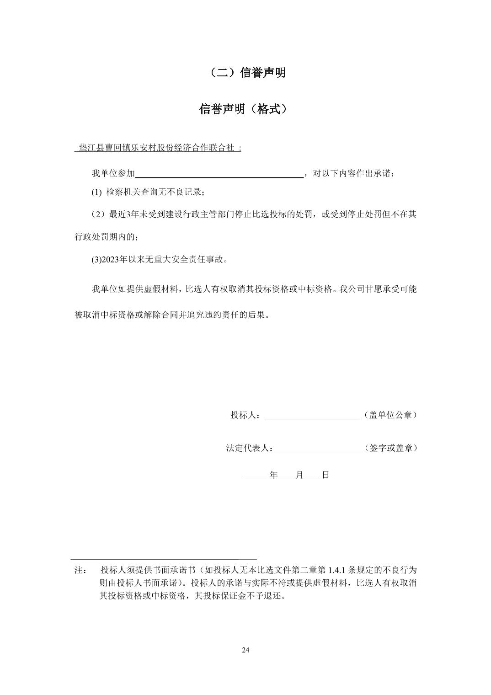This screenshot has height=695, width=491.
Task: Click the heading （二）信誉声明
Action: (x=245, y=73)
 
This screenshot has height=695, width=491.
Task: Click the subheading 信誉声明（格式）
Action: (x=245, y=109)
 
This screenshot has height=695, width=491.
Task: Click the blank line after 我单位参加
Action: (x=219, y=174)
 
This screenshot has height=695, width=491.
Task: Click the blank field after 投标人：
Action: (x=312, y=415)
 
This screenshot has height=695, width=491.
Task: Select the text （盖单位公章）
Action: (x=390, y=415)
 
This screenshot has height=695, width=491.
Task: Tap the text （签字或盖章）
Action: (x=390, y=448)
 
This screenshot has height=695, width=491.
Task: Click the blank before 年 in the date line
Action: (x=256, y=475)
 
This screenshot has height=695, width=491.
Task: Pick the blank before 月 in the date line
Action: (x=286, y=475)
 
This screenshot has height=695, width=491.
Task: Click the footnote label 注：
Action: (x=81, y=570)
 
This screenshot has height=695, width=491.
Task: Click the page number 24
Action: (x=245, y=650)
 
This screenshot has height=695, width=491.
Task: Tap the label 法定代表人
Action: (x=247, y=448)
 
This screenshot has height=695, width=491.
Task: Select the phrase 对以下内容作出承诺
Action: (x=351, y=174)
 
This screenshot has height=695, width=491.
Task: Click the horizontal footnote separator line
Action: (x=164, y=559)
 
